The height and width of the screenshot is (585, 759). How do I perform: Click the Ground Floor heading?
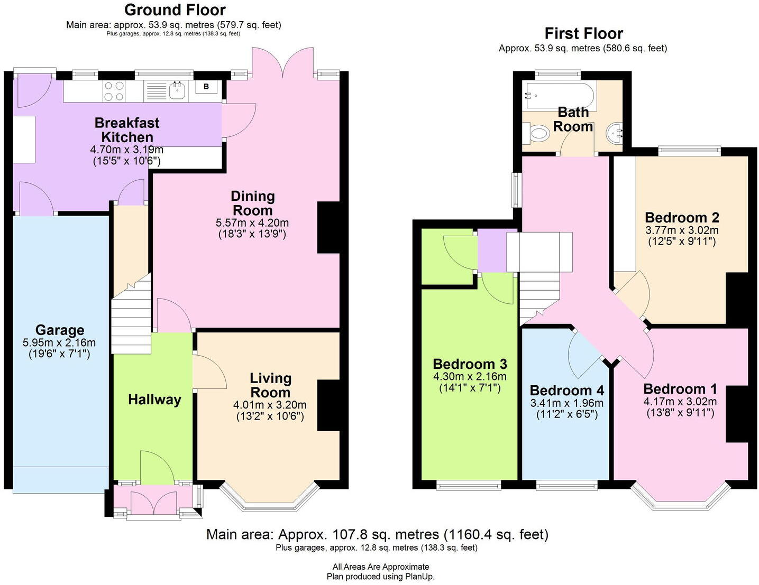click(175, 10)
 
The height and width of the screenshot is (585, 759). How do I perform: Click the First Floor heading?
click(583, 33)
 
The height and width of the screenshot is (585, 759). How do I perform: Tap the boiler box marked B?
click(206, 87)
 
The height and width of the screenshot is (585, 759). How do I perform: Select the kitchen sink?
click(177, 90)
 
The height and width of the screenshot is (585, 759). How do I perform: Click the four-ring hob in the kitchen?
click(114, 91)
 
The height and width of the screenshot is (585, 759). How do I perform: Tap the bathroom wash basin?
click(616, 133)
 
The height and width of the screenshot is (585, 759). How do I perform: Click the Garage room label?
click(60, 330)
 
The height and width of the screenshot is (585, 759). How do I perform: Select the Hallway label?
click(154, 400)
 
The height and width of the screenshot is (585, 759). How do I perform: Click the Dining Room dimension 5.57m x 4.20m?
click(252, 222)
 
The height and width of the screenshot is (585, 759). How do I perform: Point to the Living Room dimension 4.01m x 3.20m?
click(270, 405)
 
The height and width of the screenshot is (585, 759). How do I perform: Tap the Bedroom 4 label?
click(566, 391)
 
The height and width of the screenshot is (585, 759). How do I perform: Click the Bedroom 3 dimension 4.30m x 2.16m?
click(470, 377)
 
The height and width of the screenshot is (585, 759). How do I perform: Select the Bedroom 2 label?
click(682, 218)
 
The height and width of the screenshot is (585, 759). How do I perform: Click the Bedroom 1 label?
click(680, 389)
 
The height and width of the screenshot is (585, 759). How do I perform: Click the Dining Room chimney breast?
click(328, 227)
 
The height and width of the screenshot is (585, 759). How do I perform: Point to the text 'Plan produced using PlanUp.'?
click(380, 577)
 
